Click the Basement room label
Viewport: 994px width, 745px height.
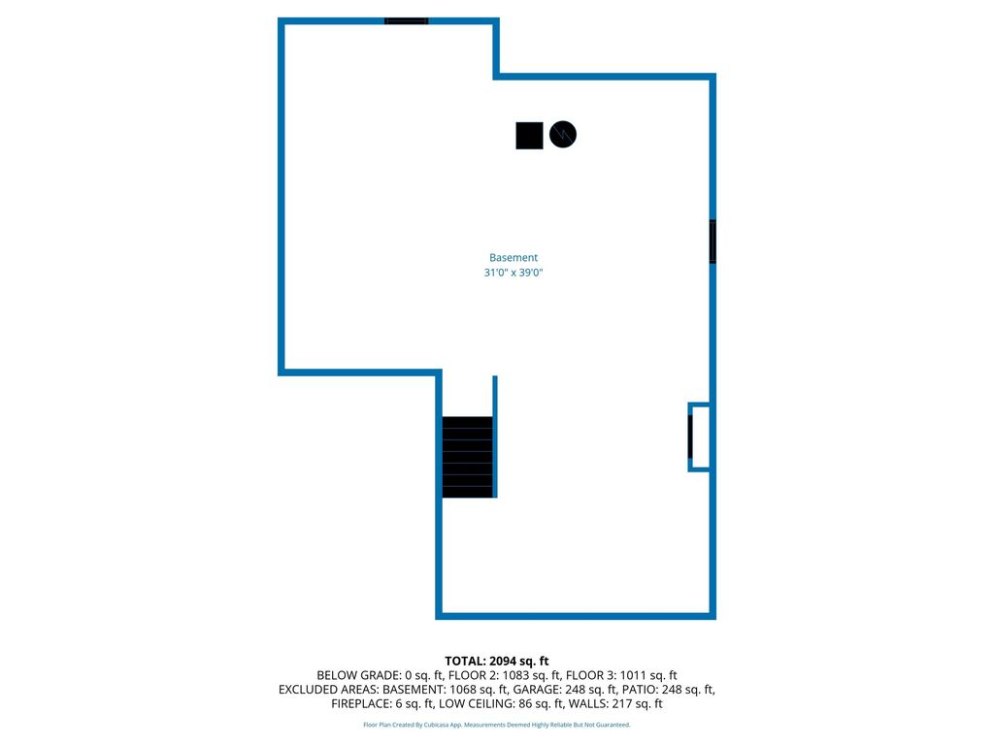click(513, 257)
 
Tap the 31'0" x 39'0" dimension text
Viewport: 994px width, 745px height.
click(514, 273)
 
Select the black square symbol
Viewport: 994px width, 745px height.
click(529, 136)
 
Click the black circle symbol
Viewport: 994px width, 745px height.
click(563, 134)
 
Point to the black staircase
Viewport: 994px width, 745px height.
click(468, 457)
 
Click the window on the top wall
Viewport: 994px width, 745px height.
click(407, 21)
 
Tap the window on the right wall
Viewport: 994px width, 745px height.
click(712, 242)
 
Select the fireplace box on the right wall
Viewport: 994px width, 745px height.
click(699, 437)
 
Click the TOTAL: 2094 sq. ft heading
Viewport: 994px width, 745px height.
click(496, 661)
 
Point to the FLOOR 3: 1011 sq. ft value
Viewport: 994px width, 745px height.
click(621, 675)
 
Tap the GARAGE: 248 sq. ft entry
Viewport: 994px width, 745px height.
click(564, 690)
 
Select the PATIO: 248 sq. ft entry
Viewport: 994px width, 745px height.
click(668, 690)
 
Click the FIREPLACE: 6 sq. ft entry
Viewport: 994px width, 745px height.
click(382, 704)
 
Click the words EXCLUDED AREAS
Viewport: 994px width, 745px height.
click(328, 690)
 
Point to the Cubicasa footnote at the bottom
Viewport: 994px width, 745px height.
click(496, 725)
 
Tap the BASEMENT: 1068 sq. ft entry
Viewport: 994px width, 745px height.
click(445, 690)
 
